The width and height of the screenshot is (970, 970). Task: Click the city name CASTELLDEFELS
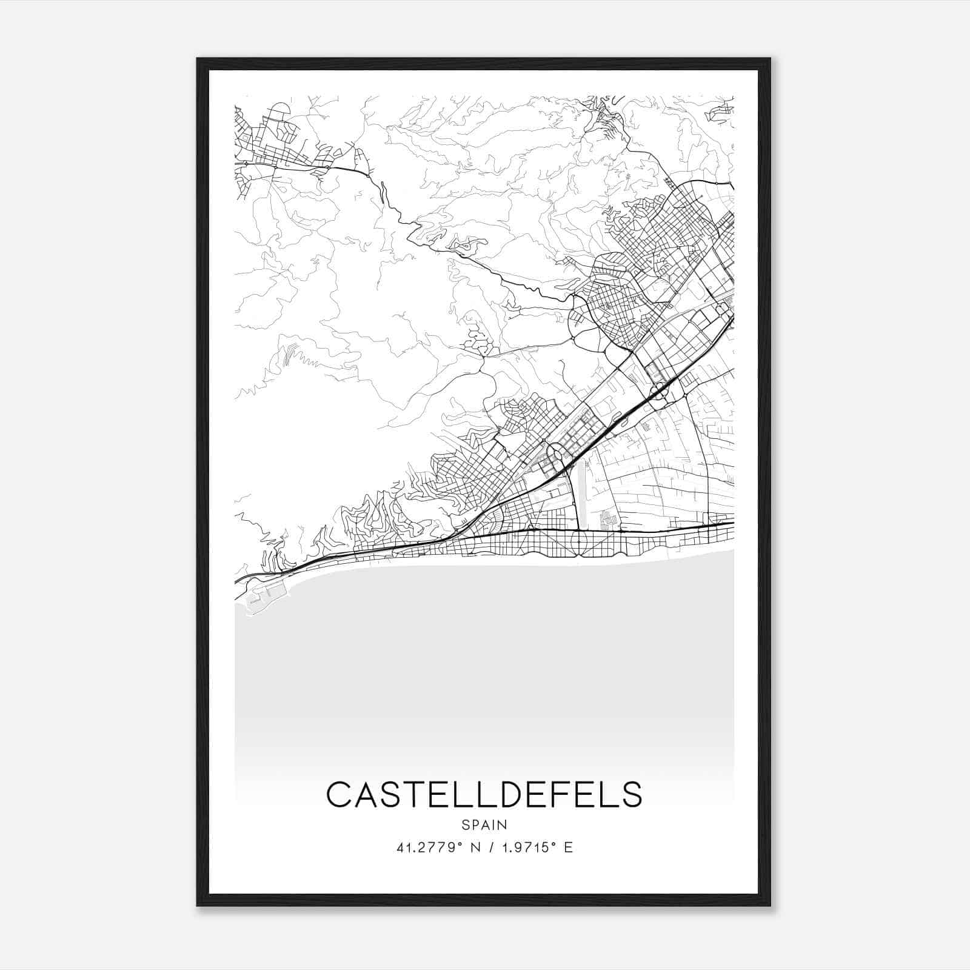pos(484,794)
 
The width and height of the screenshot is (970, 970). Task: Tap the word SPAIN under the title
pos(484,825)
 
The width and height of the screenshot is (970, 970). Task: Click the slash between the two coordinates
pos(489,848)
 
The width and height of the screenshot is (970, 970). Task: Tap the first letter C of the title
pos(339,794)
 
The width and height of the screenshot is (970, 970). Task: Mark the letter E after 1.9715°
pos(568,848)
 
